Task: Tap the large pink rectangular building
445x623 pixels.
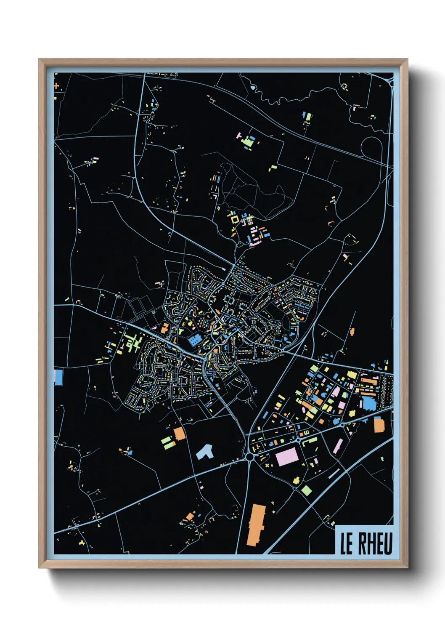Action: coord(286,457)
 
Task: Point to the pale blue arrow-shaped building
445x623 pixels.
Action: coord(205,452)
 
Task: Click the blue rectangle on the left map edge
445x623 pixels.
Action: coord(58,377)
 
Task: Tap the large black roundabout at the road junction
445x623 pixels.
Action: coord(249,456)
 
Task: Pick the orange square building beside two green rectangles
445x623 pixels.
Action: coord(180,434)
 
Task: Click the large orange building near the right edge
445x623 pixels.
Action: coord(379,425)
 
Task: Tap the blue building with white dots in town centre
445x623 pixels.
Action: coord(195,340)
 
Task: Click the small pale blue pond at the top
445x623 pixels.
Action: coord(253,88)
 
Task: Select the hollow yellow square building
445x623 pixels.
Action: coord(234,219)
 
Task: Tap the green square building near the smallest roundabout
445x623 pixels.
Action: coord(306,490)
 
